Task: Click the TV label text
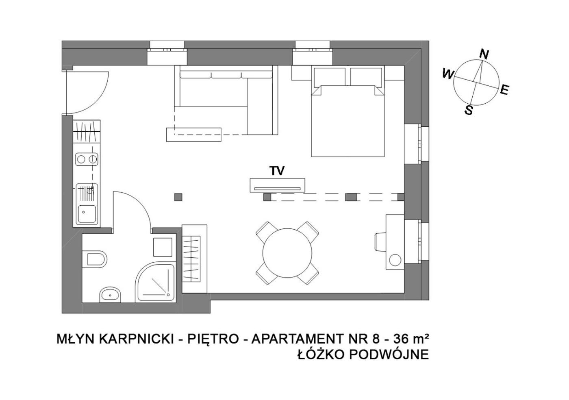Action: pos(277,171)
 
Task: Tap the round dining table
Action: pos(287,253)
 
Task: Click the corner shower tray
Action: pos(155,283)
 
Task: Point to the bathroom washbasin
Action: pos(110,295)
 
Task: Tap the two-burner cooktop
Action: pos(87,159)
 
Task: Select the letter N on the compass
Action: pos(484,54)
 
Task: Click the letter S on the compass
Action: pos(469,110)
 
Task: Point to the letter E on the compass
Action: pos(505,90)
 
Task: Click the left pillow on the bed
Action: pos(330,77)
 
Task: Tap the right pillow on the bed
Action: pos(366,77)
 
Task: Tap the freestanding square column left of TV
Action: pos(178,197)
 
